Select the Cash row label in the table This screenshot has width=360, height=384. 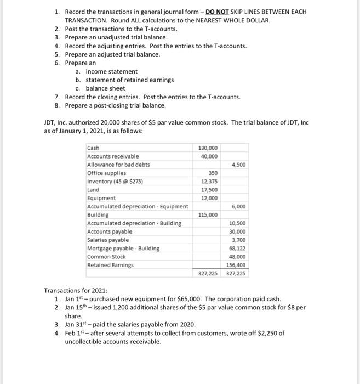tap(94, 148)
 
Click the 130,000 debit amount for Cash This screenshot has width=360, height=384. tap(208, 148)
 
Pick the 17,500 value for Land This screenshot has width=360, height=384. tap(209, 190)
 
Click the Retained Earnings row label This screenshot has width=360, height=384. tap(110, 265)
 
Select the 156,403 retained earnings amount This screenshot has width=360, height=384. tap(236, 265)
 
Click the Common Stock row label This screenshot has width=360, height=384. tap(106, 257)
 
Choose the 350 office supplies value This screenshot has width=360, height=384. tap(213, 173)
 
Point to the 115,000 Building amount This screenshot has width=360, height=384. tap(208, 215)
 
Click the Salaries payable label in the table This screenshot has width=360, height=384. tap(108, 240)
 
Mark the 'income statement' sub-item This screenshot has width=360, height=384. tap(112, 71)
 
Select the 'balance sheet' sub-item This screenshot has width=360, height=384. tap(105, 88)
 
